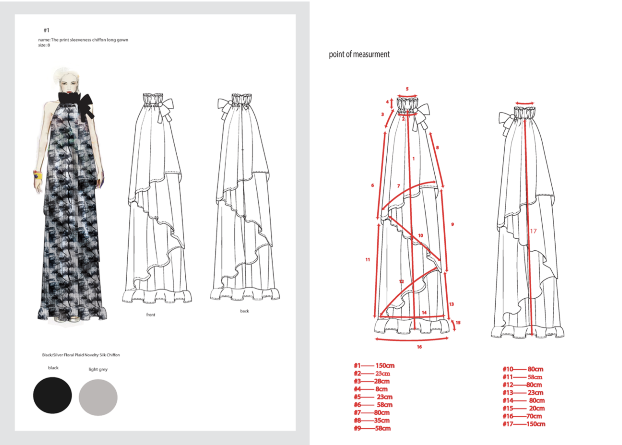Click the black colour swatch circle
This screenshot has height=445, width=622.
(52, 395)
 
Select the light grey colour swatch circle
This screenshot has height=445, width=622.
(98, 397)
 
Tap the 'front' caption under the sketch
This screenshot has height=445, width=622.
(151, 315)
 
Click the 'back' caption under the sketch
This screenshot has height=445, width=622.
(244, 311)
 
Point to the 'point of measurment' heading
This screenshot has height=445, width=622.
(359, 54)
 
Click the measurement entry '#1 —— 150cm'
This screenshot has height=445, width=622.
(374, 365)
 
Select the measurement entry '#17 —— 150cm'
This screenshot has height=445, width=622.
(524, 424)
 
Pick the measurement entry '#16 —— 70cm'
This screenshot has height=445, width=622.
(522, 416)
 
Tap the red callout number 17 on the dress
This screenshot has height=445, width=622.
(533, 231)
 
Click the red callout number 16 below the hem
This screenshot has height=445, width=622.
(419, 347)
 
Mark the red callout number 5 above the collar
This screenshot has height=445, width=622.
(407, 89)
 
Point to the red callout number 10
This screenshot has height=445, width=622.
(420, 235)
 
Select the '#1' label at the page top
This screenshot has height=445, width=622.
(46, 30)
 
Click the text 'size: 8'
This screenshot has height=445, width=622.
(44, 45)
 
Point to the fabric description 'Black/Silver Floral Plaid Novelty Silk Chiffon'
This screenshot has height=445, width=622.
(81, 355)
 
